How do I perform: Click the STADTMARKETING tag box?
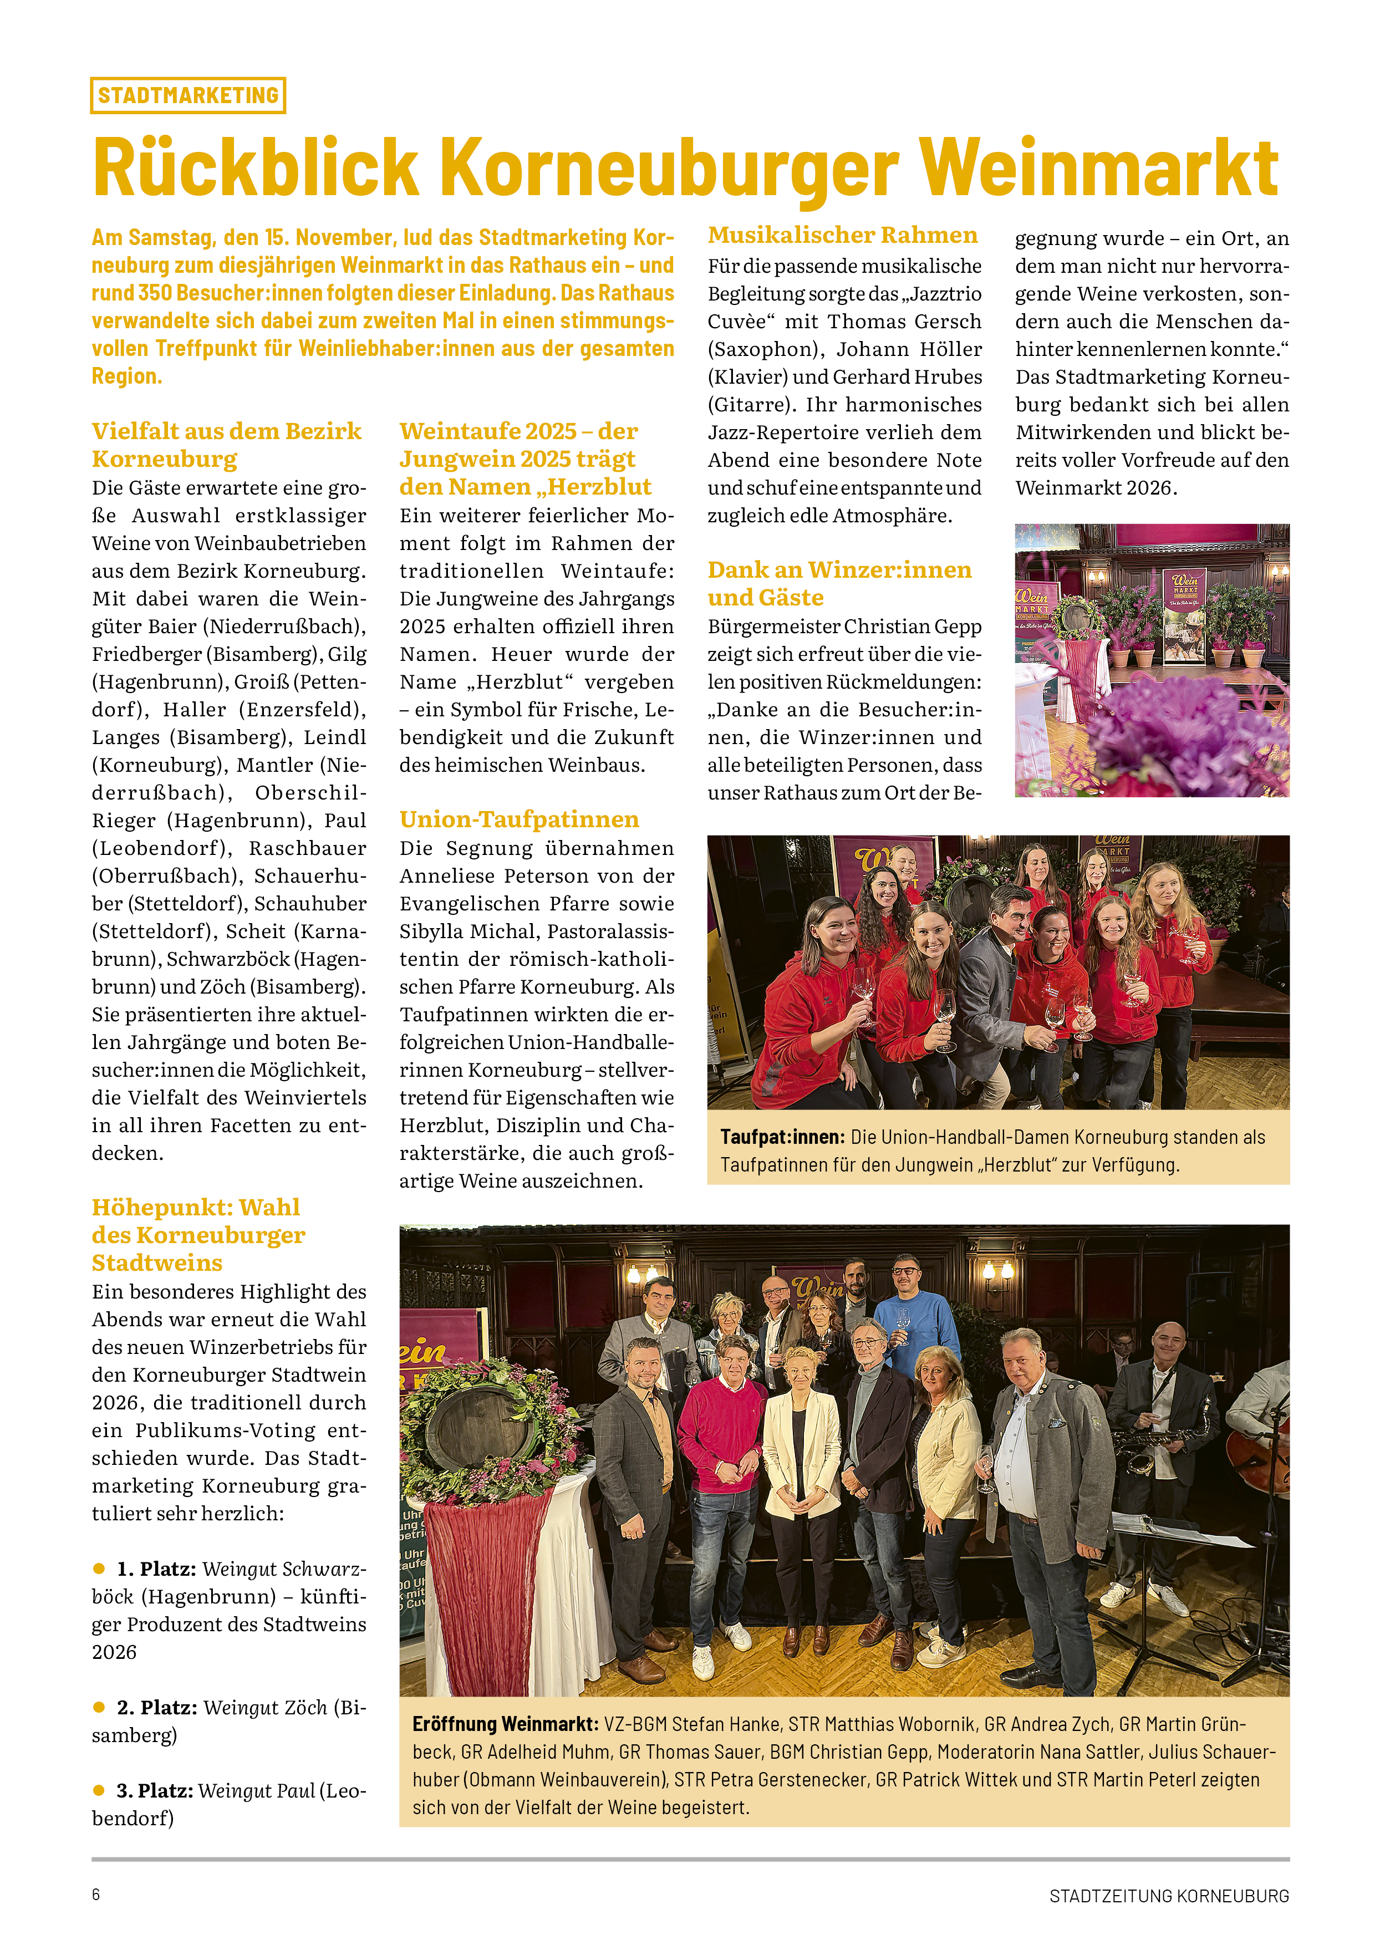(x=187, y=95)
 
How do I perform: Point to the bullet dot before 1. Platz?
(x=99, y=1569)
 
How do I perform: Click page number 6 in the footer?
(x=96, y=1894)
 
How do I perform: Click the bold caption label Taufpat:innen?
(x=782, y=1137)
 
